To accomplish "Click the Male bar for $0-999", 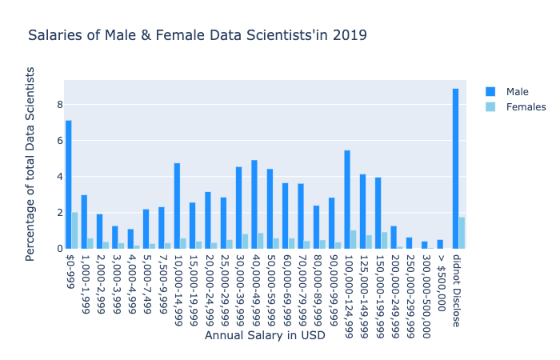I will [69, 185].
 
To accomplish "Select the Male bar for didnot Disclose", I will [455, 169].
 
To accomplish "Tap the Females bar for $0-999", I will [75, 230].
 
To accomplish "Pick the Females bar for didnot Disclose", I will [462, 233].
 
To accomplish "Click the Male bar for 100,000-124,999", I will [347, 199].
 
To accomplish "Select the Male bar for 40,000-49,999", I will [254, 204].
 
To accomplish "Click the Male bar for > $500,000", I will [440, 244].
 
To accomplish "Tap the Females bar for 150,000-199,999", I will [385, 240].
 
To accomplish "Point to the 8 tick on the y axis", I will [58, 105].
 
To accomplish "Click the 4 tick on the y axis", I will [58, 177].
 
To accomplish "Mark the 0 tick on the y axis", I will [58, 249].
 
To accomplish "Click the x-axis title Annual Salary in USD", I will [265, 335].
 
